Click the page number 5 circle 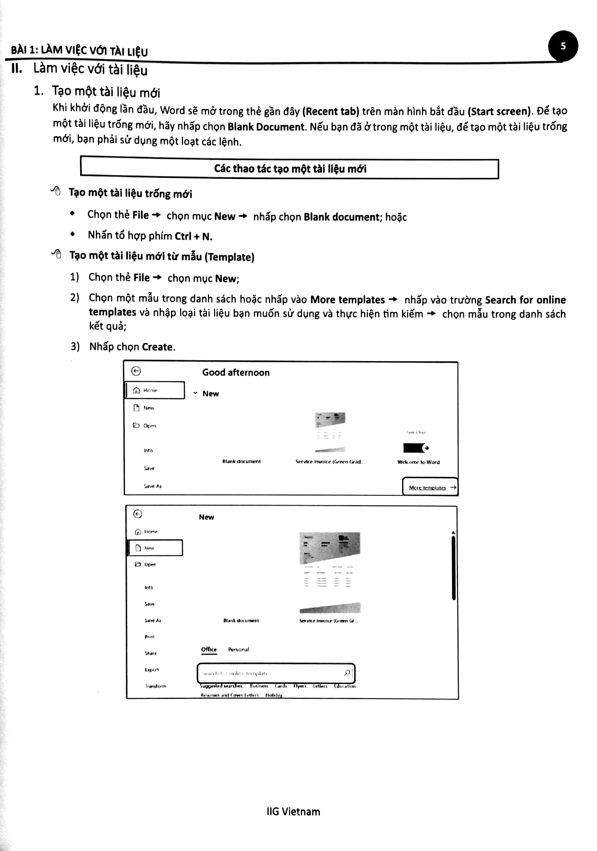pyautogui.click(x=563, y=46)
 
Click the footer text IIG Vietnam pyautogui.click(x=293, y=811)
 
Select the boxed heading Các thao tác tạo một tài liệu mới pyautogui.click(x=290, y=169)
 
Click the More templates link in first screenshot pyautogui.click(x=427, y=487)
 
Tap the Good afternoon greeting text pyautogui.click(x=236, y=372)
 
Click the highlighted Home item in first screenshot pyautogui.click(x=155, y=390)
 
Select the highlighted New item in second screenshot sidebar pyautogui.click(x=155, y=548)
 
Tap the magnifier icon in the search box pyautogui.click(x=347, y=672)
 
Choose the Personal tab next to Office pyautogui.click(x=238, y=649)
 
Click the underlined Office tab pyautogui.click(x=209, y=649)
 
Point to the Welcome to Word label pyautogui.click(x=418, y=462)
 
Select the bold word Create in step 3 pyautogui.click(x=157, y=347)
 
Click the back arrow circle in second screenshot pyautogui.click(x=137, y=514)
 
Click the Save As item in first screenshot pyautogui.click(x=152, y=486)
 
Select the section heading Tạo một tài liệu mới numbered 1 pyautogui.click(x=106, y=92)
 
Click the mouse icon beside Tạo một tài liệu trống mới pyautogui.click(x=56, y=191)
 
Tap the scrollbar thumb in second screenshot pyautogui.click(x=453, y=567)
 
